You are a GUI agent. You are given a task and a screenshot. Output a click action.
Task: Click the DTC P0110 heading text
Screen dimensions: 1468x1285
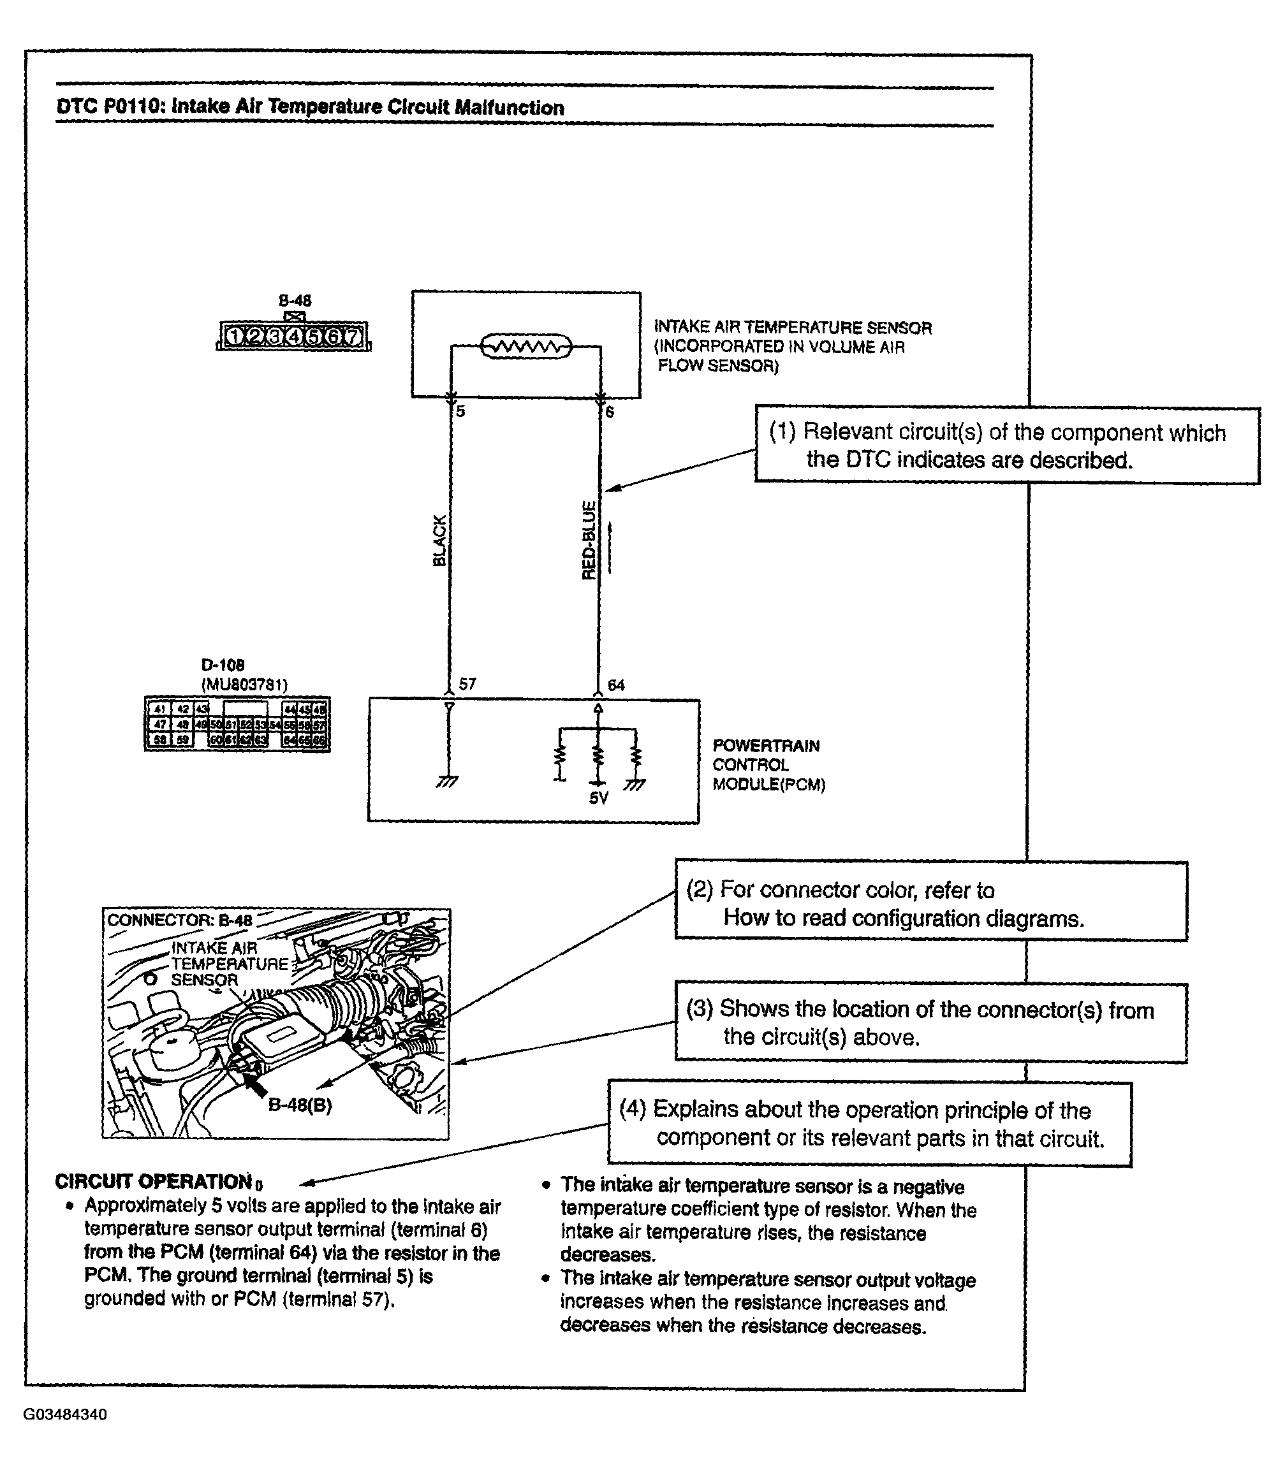[x=310, y=108]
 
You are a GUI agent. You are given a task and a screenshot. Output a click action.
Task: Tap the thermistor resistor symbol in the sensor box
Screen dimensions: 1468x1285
[x=525, y=347]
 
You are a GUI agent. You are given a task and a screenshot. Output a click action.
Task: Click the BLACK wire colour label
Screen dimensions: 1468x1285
[x=439, y=541]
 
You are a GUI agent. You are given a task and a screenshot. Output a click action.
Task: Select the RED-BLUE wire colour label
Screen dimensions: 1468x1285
[x=589, y=541]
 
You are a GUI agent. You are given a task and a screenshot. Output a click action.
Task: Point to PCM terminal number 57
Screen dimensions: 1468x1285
[x=467, y=684]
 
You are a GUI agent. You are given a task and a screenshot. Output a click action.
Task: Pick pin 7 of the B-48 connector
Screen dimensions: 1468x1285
[x=352, y=335]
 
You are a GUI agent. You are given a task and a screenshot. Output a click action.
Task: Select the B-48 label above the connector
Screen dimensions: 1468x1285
[x=295, y=300]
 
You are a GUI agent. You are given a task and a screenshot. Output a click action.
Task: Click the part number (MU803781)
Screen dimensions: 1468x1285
[x=244, y=685]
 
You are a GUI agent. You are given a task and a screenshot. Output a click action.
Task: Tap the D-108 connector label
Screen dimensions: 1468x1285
[x=223, y=665]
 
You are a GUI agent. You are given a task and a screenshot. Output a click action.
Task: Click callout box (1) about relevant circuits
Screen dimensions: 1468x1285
[x=1007, y=446]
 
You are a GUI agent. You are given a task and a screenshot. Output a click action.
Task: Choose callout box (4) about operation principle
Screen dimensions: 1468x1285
[x=869, y=1123]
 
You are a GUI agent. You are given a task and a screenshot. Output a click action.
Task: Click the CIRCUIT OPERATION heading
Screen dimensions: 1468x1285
[x=154, y=1181]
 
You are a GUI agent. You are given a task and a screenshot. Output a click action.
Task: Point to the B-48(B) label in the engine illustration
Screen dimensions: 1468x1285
[x=300, y=1105]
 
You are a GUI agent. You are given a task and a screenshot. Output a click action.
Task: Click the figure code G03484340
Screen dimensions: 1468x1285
[x=65, y=1414]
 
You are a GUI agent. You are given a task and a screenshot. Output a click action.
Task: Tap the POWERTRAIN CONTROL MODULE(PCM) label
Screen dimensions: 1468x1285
[x=768, y=765]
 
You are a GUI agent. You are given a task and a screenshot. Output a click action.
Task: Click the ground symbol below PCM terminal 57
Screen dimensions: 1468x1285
[x=448, y=782]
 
